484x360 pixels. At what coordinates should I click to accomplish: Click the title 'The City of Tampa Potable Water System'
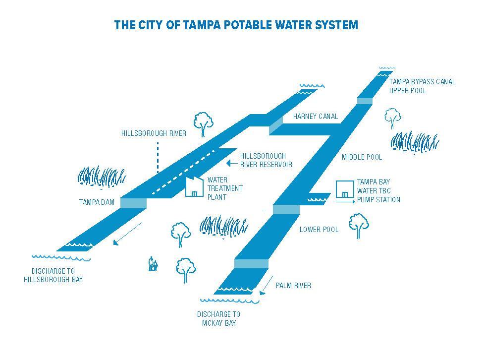tap(236, 25)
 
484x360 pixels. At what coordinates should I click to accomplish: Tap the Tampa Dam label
tap(97, 202)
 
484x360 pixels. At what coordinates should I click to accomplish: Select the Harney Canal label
tap(315, 117)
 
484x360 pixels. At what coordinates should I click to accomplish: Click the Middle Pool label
tap(362, 157)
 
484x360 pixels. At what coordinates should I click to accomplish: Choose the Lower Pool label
tap(319, 230)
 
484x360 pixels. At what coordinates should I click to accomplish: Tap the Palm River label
tap(293, 286)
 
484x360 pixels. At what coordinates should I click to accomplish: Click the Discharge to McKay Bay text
tap(218, 319)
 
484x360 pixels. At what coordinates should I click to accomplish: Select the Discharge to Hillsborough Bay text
tap(53, 275)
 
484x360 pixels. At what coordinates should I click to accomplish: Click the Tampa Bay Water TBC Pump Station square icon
tap(344, 189)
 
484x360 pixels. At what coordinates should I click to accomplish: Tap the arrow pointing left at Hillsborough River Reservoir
tap(230, 163)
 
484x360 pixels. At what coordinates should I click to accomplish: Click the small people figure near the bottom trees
tap(154, 264)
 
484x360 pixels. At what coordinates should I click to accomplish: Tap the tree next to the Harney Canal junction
tap(203, 123)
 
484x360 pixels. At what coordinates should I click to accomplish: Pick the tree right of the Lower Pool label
tap(359, 225)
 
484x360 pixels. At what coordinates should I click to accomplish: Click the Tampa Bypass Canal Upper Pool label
tap(422, 86)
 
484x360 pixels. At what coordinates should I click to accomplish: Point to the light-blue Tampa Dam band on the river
tap(134, 203)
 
